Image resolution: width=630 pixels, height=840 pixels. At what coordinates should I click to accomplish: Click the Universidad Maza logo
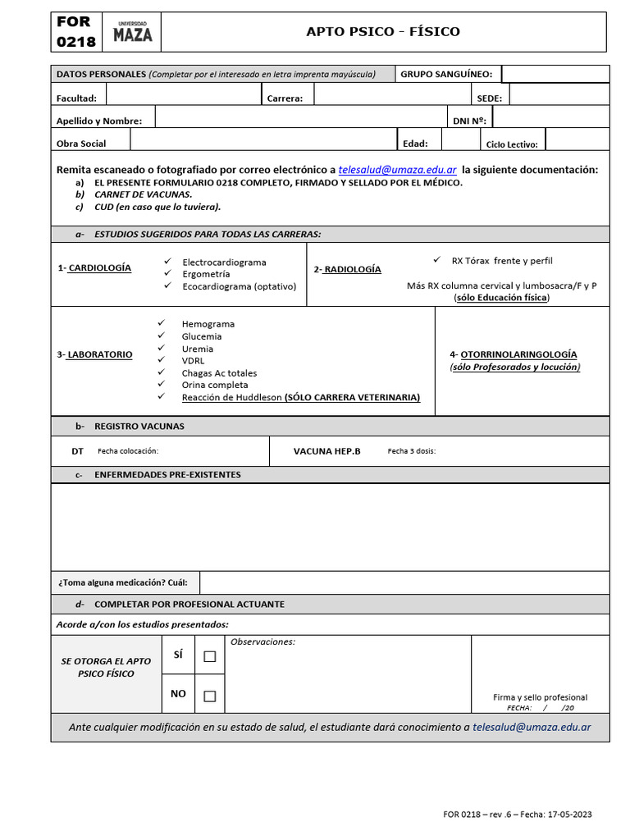tap(132, 33)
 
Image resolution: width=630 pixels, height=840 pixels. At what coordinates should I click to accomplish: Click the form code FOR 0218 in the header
tap(75, 32)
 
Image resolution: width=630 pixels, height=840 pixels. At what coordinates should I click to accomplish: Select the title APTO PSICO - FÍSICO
tap(383, 32)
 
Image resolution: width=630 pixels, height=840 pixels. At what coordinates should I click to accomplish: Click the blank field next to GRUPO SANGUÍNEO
tap(555, 75)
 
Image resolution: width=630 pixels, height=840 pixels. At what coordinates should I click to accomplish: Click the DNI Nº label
tap(469, 121)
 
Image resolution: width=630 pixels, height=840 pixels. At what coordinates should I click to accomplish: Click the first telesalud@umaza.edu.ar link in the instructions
tap(397, 169)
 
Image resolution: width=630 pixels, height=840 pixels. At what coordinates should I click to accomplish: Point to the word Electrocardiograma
tap(224, 262)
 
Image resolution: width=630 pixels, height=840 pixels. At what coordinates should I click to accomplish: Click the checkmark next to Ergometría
tap(167, 273)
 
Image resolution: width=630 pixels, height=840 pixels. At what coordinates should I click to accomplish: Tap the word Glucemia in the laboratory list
tap(202, 336)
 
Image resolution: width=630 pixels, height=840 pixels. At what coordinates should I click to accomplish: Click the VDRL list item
tap(194, 360)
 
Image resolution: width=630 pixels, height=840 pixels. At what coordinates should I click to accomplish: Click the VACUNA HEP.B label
tap(326, 451)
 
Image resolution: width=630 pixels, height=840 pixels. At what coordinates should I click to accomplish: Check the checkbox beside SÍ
tap(210, 656)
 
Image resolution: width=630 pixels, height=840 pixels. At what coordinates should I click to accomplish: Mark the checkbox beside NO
tap(210, 696)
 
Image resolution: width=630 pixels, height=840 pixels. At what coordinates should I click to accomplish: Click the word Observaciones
tap(262, 641)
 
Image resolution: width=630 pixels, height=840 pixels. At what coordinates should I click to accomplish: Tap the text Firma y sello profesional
tap(540, 697)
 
